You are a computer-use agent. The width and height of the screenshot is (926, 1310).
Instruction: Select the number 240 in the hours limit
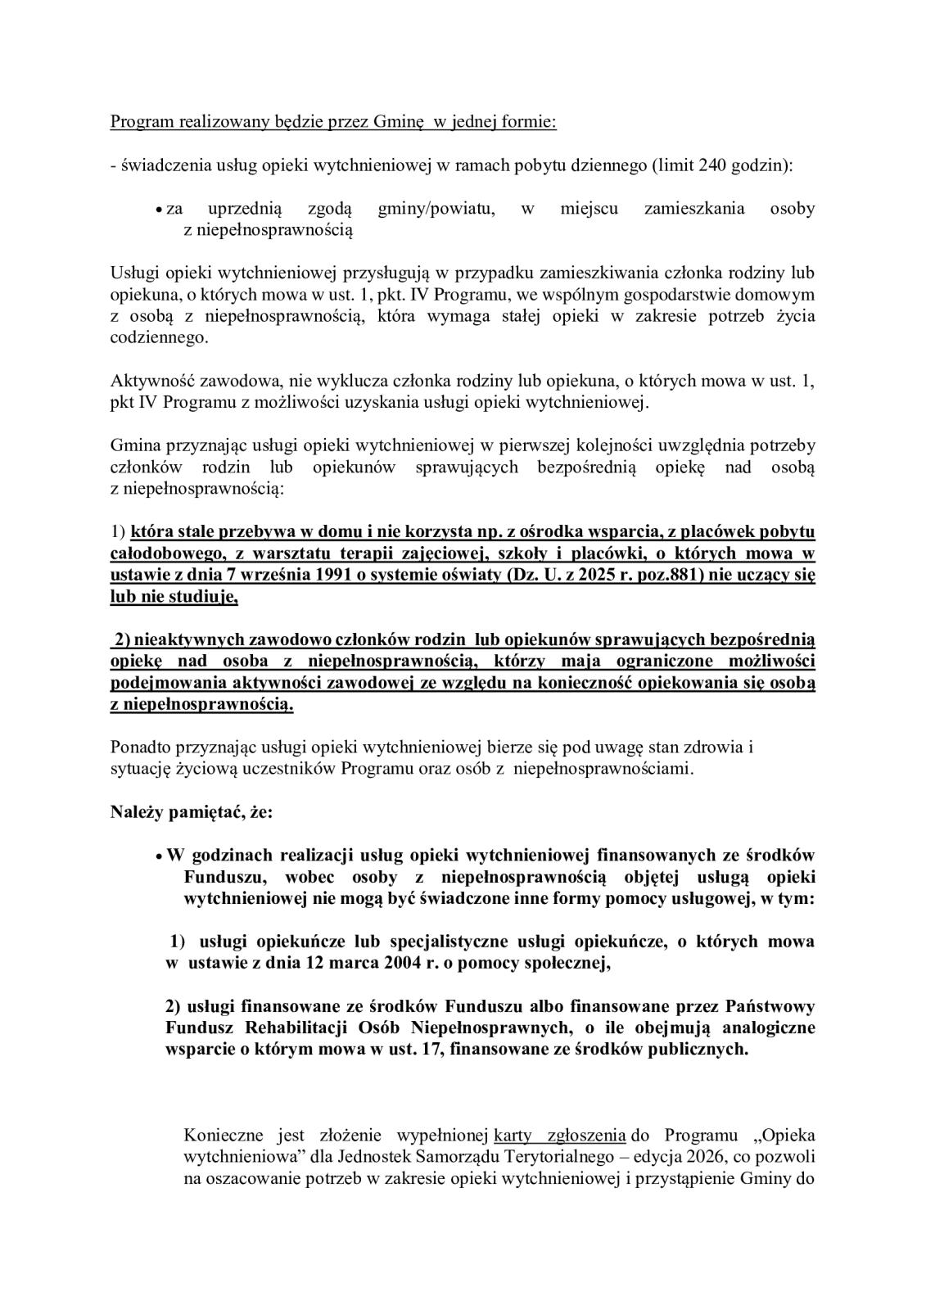713,165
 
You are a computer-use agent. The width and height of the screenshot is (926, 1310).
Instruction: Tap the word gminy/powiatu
436,208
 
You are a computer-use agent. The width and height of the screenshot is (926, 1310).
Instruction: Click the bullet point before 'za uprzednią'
159,210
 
